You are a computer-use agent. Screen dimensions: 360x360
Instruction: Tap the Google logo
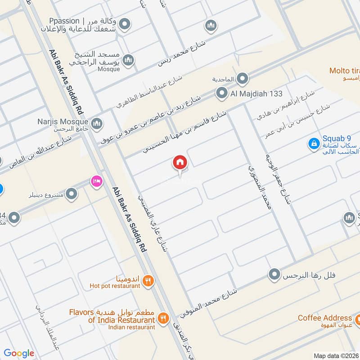point(19,353)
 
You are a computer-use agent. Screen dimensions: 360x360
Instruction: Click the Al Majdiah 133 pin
point(221,94)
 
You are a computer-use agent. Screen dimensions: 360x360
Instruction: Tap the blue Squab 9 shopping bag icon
point(313,144)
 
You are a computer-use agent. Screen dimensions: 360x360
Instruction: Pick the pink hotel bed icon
point(96,181)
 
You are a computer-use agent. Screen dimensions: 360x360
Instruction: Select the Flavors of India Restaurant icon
point(163,319)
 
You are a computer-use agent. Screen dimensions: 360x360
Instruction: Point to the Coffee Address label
point(324,318)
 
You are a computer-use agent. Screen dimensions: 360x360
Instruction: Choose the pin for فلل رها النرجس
point(274,274)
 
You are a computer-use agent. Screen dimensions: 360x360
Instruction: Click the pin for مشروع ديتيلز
point(71,194)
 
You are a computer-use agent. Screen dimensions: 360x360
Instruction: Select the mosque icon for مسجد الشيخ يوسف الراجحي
point(129,60)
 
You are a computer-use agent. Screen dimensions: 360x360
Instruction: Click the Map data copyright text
point(335,355)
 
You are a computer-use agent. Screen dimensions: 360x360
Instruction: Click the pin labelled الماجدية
point(243,79)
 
